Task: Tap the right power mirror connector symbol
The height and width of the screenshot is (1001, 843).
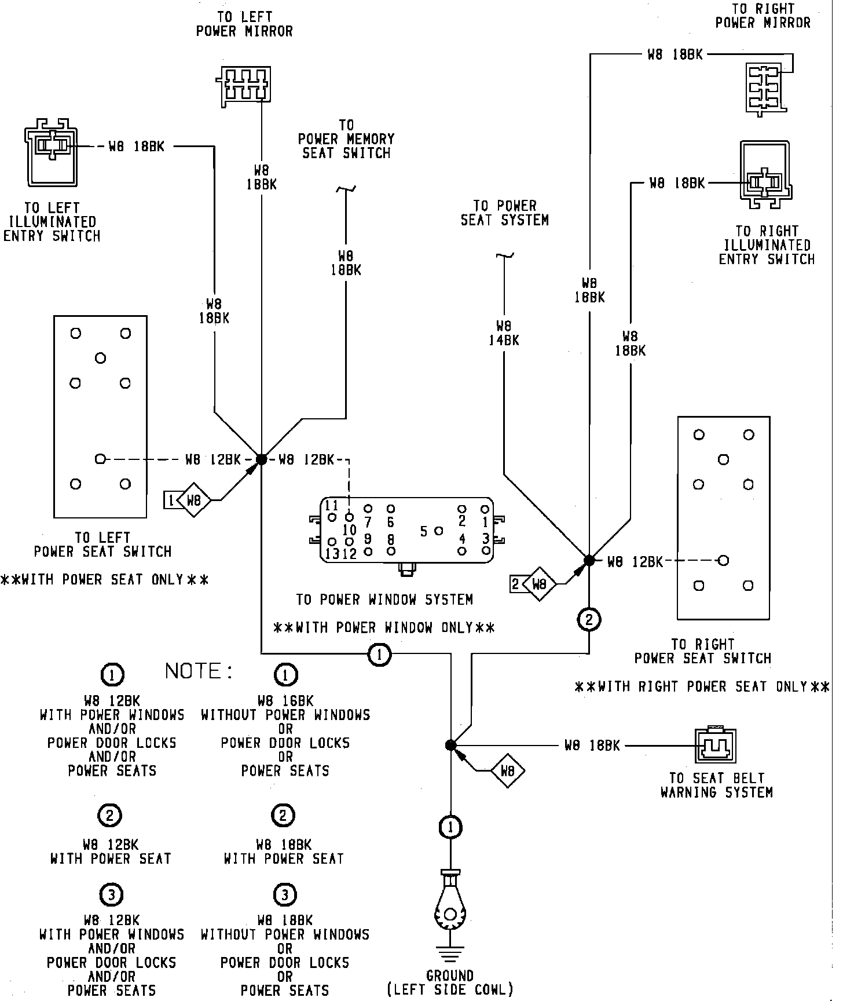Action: tap(765, 88)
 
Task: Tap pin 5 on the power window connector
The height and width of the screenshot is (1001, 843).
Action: tap(438, 530)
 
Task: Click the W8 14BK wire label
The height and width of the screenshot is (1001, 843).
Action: tap(504, 333)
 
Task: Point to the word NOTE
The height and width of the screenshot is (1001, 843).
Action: tap(199, 671)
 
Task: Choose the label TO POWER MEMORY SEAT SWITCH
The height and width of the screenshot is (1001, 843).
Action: tap(346, 140)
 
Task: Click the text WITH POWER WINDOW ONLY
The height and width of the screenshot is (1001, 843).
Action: tap(384, 627)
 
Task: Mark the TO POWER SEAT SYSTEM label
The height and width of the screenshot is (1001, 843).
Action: tap(504, 213)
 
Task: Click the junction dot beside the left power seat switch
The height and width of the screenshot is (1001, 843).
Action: tap(261, 459)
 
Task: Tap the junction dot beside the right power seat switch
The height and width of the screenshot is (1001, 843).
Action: tap(589, 560)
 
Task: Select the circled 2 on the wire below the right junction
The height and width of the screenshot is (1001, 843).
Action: tap(589, 620)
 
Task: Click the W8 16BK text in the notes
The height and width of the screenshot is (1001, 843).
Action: tap(285, 701)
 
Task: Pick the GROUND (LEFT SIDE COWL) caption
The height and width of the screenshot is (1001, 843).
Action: tap(450, 983)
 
